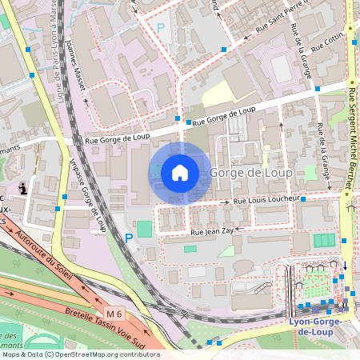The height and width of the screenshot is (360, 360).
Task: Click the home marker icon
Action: click(x=180, y=172)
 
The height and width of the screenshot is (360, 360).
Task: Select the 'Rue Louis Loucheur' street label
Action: click(x=266, y=199)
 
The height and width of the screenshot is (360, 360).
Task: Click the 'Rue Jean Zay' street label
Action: click(x=211, y=231)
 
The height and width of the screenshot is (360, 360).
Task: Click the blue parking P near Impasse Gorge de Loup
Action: click(x=129, y=237)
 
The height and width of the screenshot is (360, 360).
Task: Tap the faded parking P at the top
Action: click(x=160, y=27)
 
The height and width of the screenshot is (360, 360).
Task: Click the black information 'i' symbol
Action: click(x=23, y=188)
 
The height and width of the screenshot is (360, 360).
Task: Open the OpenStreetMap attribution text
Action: click(x=80, y=354)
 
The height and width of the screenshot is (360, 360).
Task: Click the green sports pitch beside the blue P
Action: click(x=144, y=229)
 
